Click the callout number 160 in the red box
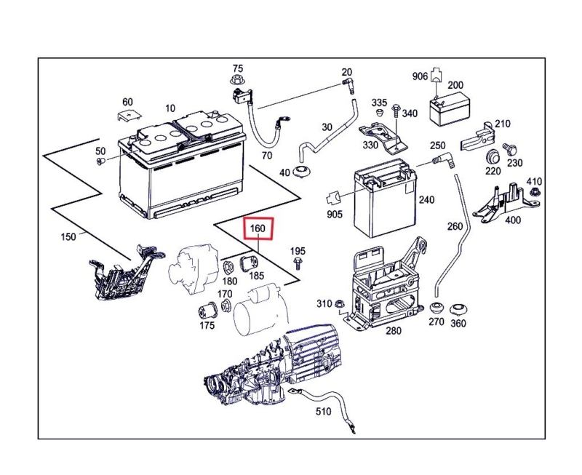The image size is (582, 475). pyautogui.click(x=258, y=229)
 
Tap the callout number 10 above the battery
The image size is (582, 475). pyautogui.click(x=170, y=108)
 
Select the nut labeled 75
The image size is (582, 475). pyautogui.click(x=236, y=79)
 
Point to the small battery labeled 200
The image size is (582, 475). pyautogui.click(x=443, y=111)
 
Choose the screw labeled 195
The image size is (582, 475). pyautogui.click(x=298, y=263)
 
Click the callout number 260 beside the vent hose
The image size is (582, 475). pyautogui.click(x=455, y=226)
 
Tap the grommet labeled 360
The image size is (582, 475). pyautogui.click(x=458, y=308)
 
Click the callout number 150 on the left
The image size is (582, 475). pyautogui.click(x=68, y=237)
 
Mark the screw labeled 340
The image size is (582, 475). pyautogui.click(x=394, y=111)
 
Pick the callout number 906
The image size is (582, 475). pyautogui.click(x=420, y=76)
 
